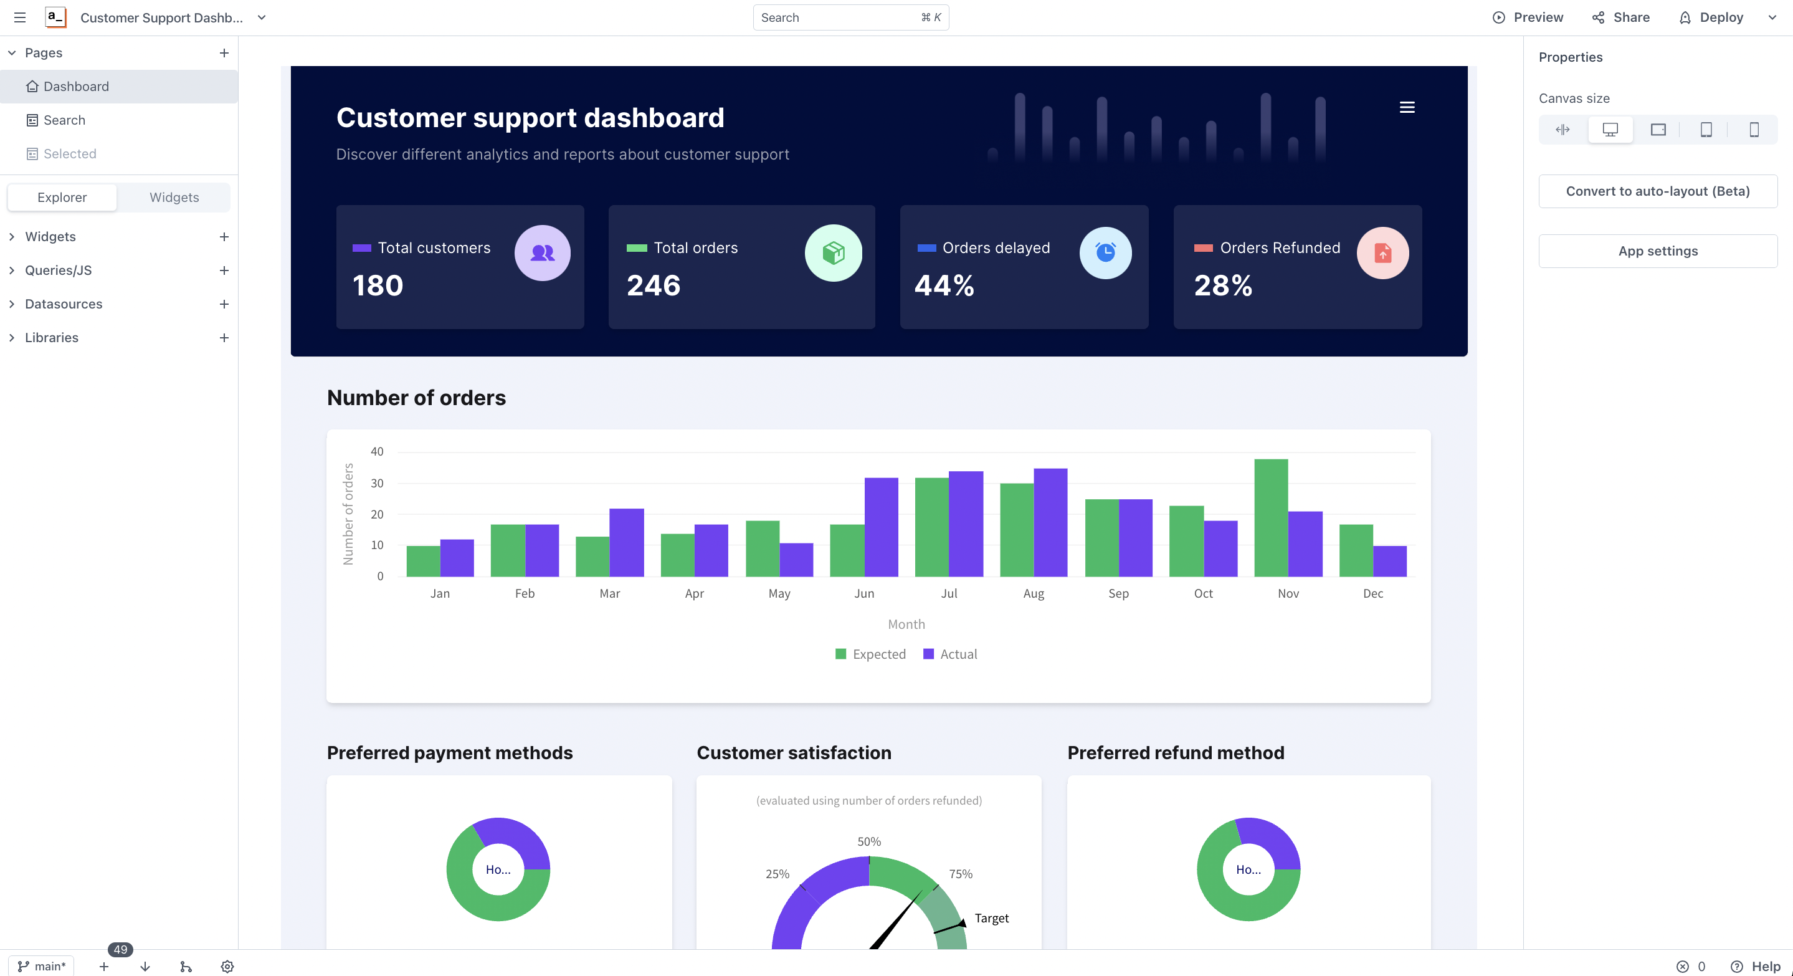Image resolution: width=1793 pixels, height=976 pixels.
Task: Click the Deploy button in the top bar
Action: pyautogui.click(x=1712, y=17)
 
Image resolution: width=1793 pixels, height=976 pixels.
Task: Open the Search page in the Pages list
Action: pyautogui.click(x=64, y=120)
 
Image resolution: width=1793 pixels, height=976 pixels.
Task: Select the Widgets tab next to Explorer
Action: pyautogui.click(x=174, y=197)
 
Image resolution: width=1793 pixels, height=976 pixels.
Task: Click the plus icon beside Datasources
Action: pyautogui.click(x=224, y=304)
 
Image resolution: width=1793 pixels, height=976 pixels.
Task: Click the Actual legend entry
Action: pyautogui.click(x=950, y=654)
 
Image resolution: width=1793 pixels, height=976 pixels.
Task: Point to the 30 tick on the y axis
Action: pyautogui.click(x=376, y=482)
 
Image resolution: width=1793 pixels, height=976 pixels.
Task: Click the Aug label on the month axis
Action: pyautogui.click(x=1034, y=593)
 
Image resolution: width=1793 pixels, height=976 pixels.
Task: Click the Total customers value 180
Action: pyautogui.click(x=378, y=285)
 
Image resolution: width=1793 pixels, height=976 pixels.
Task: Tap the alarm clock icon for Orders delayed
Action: pyautogui.click(x=1105, y=252)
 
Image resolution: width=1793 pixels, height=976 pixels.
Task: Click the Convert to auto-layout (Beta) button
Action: pyautogui.click(x=1657, y=191)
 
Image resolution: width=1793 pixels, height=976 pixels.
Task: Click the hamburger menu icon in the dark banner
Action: pyautogui.click(x=1407, y=107)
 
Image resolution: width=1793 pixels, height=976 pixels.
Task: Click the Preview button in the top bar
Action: pyautogui.click(x=1528, y=17)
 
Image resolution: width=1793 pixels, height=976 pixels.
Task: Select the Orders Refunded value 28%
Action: pyautogui.click(x=1223, y=285)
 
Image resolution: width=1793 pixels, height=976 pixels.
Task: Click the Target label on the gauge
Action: pyautogui.click(x=991, y=917)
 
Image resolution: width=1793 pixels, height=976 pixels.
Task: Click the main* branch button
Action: pyautogui.click(x=42, y=965)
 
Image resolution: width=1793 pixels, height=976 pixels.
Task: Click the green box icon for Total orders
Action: pyautogui.click(x=833, y=252)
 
